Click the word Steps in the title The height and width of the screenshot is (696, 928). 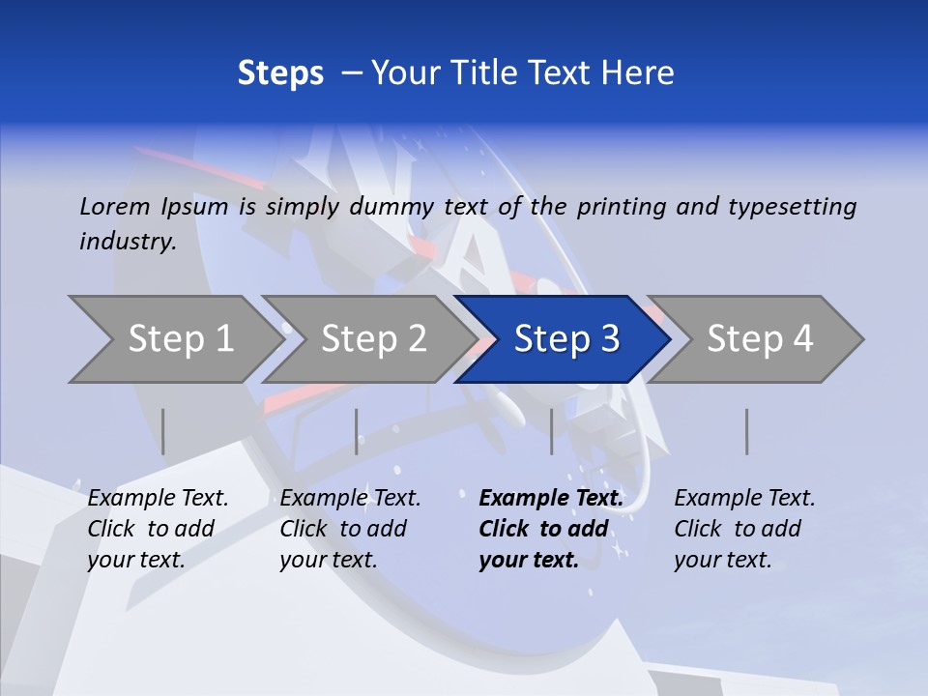point(280,73)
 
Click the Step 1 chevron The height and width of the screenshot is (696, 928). point(174,339)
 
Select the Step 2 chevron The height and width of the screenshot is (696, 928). point(367,339)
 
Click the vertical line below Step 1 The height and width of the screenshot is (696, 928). point(163,431)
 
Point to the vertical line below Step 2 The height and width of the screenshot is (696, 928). point(357,431)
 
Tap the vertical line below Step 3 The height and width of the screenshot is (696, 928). point(551,431)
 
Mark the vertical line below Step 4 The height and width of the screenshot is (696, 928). point(746,431)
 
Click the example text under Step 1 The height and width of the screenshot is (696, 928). point(158,529)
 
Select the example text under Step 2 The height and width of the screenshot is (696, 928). point(350,529)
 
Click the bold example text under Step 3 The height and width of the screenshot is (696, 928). point(550,529)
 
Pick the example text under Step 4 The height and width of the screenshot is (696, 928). point(744,529)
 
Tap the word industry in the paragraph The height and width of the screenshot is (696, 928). point(127,242)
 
